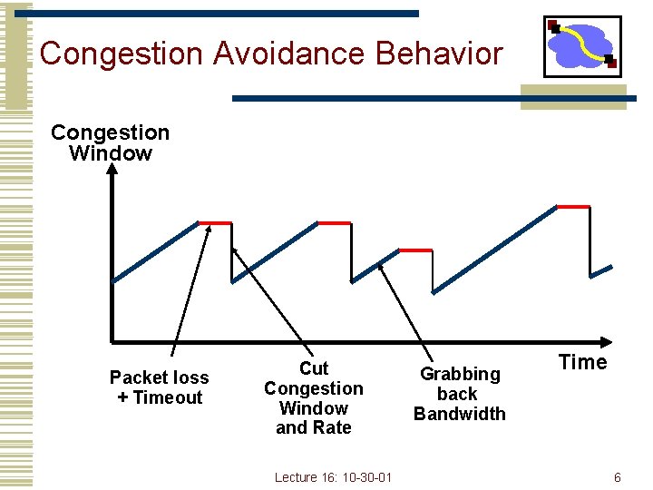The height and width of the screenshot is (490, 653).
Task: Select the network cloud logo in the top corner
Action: (581, 45)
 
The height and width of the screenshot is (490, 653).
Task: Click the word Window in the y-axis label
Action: (110, 153)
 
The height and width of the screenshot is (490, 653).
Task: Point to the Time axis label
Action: (582, 362)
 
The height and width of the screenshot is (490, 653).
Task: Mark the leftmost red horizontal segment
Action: (215, 222)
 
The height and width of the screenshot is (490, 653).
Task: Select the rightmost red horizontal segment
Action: (573, 207)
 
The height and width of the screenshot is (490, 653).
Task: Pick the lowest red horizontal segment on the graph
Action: (415, 250)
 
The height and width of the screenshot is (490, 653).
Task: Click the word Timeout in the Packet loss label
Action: (168, 397)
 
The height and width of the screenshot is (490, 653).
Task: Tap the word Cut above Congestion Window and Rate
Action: (313, 368)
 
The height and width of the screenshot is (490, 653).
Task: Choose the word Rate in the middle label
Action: (332, 427)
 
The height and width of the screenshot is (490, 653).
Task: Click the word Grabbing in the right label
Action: (460, 374)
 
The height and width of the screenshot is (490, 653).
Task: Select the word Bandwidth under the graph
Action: (460, 414)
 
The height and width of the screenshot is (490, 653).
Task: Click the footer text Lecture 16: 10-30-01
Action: (332, 477)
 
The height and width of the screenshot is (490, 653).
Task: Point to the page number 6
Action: (618, 477)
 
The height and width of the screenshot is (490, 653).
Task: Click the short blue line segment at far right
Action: (600, 270)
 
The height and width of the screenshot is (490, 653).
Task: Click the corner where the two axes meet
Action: (112, 342)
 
